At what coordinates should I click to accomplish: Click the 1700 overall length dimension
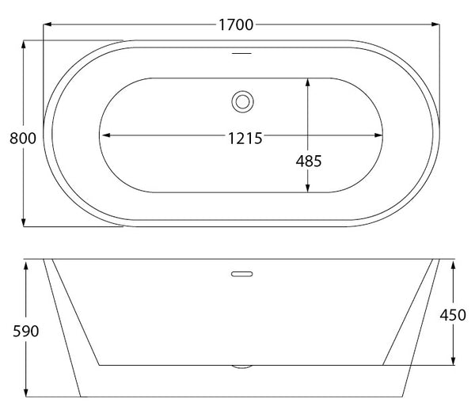236,25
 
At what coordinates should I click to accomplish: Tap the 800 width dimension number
23,138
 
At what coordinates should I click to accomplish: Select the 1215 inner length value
245,139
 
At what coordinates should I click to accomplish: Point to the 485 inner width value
309,161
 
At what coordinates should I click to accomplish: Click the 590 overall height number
26,331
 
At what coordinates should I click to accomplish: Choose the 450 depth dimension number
453,315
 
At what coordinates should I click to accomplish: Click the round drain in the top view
242,102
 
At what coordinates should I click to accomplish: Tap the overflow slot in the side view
242,274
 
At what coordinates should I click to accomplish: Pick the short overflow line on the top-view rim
241,53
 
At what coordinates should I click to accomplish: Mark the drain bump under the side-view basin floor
241,366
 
